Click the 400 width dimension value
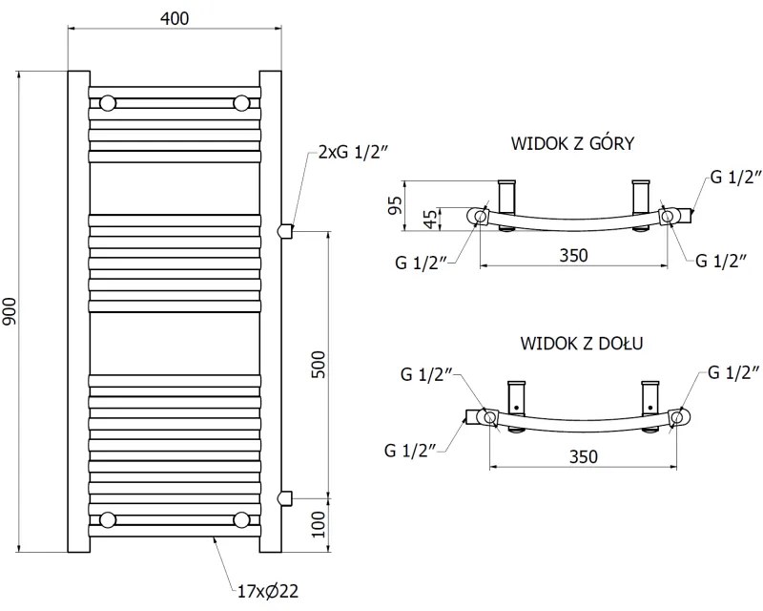[x=175, y=18]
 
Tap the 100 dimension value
[x=320, y=524]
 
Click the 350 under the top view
[x=572, y=255]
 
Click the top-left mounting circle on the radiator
[x=108, y=102]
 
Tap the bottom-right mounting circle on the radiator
[x=242, y=519]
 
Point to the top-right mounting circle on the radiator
[x=242, y=102]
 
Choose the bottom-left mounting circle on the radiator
[x=108, y=519]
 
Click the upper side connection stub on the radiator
[x=283, y=230]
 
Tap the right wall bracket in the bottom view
[x=652, y=396]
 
